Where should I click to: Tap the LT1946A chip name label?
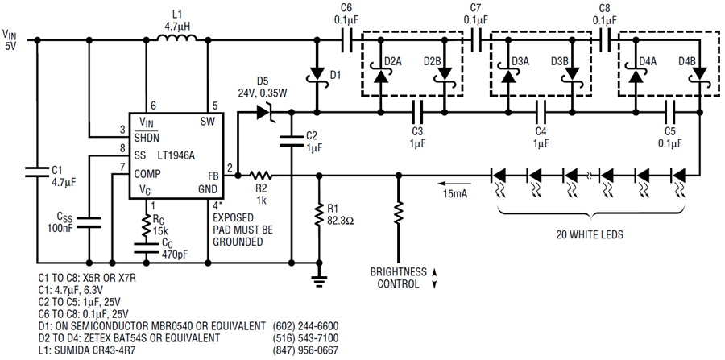pyautogui.click(x=176, y=155)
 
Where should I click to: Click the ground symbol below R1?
pyautogui.click(x=318, y=279)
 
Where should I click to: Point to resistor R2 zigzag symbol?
pyautogui.click(x=261, y=176)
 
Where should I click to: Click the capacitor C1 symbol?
pyautogui.click(x=37, y=172)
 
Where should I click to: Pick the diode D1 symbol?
pyautogui.click(x=317, y=75)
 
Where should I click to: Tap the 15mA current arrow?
pyautogui.click(x=455, y=183)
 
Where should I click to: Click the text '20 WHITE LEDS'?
pyautogui.click(x=590, y=234)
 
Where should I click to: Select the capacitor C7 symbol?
pyautogui.click(x=477, y=40)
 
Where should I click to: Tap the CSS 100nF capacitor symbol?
pyautogui.click(x=89, y=221)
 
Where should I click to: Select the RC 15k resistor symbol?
pyautogui.click(x=147, y=226)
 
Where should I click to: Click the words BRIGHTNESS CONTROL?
pyautogui.click(x=398, y=277)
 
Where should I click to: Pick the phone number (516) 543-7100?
pyautogui.click(x=305, y=337)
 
